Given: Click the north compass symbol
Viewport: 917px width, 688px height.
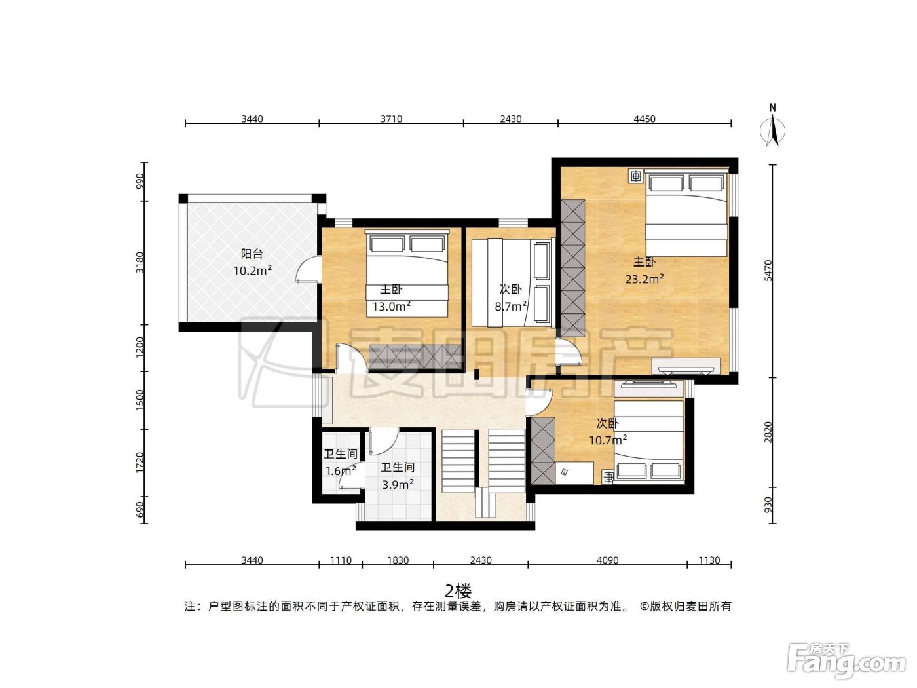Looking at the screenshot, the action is coord(772,126).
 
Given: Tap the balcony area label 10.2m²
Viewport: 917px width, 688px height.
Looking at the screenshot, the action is coord(252,270).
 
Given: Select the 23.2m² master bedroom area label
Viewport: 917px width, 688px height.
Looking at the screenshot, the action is coord(645,278).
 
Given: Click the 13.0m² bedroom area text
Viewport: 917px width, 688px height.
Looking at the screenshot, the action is coord(391,306).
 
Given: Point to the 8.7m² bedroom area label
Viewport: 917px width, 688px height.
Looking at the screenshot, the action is coord(510,306).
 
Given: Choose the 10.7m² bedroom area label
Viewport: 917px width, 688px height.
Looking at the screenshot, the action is coord(608,440).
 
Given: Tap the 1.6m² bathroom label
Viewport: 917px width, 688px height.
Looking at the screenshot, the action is coord(341,470).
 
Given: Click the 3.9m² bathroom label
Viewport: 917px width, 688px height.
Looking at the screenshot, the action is coord(398,484).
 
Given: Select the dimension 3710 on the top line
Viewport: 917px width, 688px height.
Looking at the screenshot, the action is coord(391,119).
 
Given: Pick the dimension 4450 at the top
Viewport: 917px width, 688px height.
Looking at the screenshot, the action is coord(645,119).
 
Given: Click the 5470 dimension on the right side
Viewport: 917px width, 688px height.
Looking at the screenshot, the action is coord(768,270).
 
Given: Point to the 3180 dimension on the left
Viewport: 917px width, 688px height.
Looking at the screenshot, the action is coord(140,262).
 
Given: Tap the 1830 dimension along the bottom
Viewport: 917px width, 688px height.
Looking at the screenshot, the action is coord(398,560).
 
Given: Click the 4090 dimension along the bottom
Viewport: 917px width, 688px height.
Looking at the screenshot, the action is coord(607,560).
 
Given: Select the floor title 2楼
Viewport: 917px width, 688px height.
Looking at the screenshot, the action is coord(458,591).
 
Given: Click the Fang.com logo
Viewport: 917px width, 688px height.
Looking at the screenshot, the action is coord(846,660).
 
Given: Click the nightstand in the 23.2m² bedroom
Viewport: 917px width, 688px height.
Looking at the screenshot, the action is coord(636,176).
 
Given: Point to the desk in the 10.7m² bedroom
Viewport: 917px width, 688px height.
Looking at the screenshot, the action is coord(574,472).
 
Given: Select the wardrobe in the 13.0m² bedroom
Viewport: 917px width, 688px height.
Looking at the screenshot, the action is coord(415,357).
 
